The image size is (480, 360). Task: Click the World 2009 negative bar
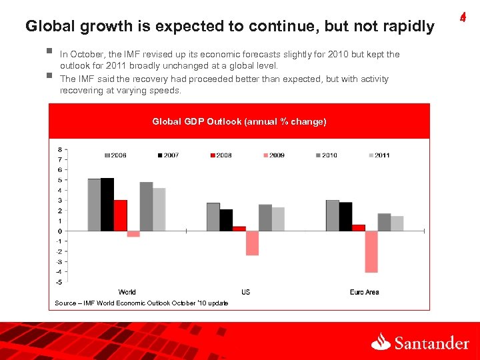133,234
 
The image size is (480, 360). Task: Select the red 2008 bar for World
120,215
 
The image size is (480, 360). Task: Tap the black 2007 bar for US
226,220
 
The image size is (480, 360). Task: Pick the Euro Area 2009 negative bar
371,251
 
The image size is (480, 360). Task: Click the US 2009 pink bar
252,243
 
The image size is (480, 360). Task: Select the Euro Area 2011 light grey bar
397,223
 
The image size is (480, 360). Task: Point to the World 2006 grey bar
94,205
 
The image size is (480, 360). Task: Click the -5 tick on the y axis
59,282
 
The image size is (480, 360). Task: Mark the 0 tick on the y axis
60,231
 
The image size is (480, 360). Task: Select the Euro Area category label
364,292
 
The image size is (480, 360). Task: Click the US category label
245,292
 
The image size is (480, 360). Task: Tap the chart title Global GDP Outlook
239,121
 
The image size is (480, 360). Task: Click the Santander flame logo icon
381,342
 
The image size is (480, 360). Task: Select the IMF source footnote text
141,303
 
